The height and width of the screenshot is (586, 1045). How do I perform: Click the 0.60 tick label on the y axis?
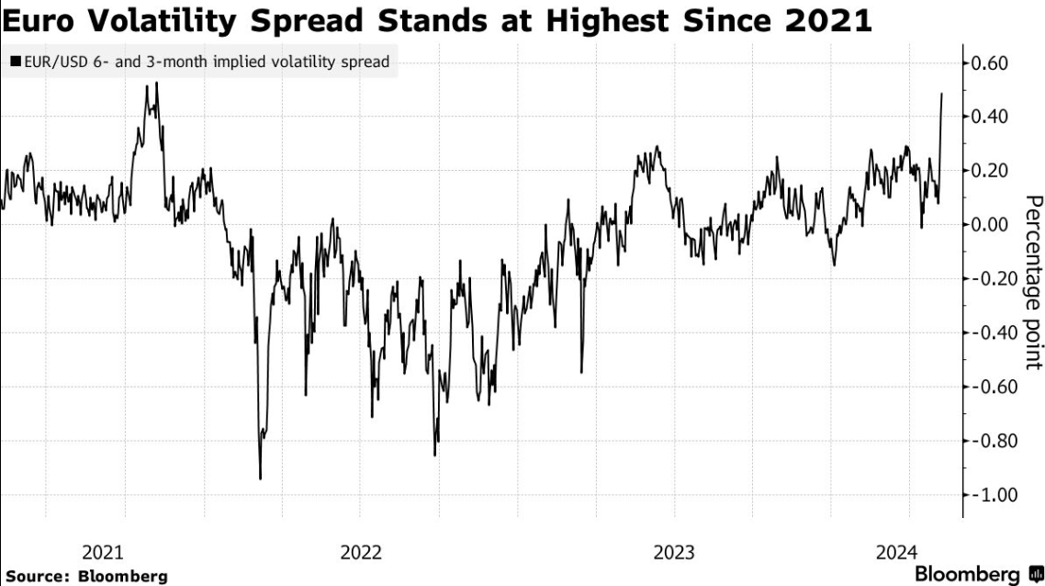[990, 63]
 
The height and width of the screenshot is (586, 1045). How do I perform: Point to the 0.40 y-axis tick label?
[990, 117]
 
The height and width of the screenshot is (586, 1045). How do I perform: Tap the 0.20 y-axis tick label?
[990, 171]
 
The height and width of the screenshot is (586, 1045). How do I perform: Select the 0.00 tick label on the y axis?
[990, 225]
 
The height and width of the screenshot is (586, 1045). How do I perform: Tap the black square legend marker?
[16, 63]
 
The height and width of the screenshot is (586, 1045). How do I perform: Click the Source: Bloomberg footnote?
[85, 576]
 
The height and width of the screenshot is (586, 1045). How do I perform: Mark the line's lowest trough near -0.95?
[260, 479]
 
